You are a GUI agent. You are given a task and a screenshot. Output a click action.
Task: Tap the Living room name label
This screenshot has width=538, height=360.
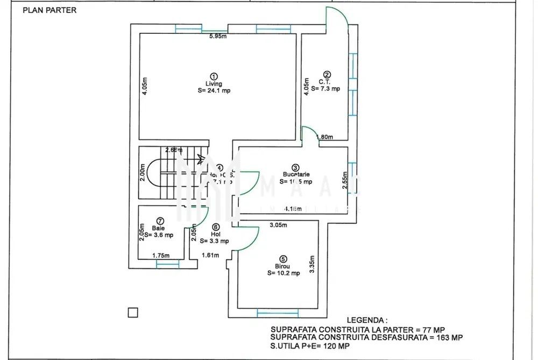pos(214,83)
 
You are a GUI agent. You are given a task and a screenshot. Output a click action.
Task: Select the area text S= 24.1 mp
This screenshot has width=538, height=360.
pos(214,91)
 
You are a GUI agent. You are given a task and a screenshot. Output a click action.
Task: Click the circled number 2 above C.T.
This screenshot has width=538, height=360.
pos(327,75)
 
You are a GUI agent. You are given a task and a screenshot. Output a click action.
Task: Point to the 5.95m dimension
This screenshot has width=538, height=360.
pos(218,37)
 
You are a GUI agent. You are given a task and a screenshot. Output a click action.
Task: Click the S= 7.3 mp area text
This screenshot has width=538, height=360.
pos(325,89)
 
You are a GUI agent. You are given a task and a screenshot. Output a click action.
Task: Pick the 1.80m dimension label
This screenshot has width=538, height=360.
pos(325,137)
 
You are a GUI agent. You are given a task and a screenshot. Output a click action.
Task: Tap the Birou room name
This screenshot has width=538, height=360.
pos(283,266)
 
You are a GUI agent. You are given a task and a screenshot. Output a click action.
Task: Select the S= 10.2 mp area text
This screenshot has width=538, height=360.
pos(283,273)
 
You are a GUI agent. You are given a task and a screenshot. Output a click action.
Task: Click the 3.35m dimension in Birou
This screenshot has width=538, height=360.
pos(312,264)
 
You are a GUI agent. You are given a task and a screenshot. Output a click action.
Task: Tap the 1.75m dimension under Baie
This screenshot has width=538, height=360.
pos(160,256)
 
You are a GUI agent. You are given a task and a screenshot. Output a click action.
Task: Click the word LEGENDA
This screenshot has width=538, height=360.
pos(367,320)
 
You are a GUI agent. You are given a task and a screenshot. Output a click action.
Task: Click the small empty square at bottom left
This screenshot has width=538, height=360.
pos(133,312)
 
